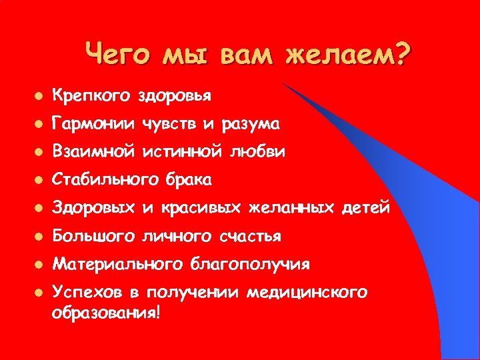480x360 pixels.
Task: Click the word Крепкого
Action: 92,96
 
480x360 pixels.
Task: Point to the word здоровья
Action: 175,97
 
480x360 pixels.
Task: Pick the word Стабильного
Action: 105,180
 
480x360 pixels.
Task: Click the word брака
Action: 189,180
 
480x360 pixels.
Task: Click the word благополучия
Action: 251,265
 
